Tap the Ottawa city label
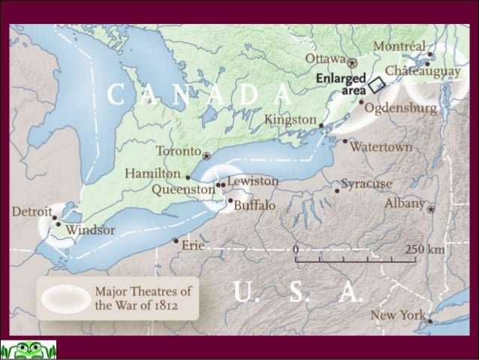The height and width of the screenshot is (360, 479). [x=325, y=59]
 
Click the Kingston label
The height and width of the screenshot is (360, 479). [x=291, y=119]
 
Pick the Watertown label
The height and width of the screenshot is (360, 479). [x=381, y=147]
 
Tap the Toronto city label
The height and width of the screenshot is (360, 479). [x=178, y=151]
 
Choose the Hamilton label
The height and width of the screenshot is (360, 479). [x=152, y=174]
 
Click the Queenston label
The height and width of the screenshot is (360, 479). [x=183, y=190]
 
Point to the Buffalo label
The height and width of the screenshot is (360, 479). [x=255, y=205]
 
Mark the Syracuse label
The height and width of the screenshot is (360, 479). [x=366, y=184]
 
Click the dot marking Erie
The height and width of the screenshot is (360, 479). [x=176, y=241]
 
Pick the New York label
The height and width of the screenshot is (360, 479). [x=398, y=316]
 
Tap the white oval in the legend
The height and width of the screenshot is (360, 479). [x=65, y=299]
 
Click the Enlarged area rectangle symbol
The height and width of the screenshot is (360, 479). [x=377, y=84]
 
